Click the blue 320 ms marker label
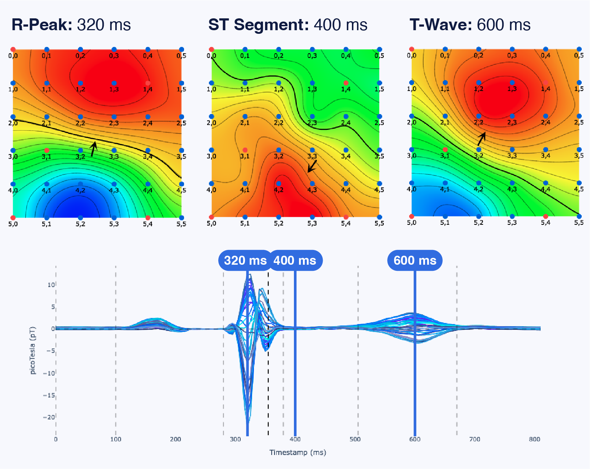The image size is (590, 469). click(245, 260)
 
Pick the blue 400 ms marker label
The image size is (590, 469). click(295, 260)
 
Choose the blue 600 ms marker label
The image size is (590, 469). click(415, 260)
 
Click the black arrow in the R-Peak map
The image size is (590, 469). click(94, 149)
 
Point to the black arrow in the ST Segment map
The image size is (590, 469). click(312, 166)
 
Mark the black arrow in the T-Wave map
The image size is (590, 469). click(482, 139)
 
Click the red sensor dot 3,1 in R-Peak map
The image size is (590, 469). click(46, 150)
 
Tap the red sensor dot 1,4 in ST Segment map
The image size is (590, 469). click(346, 83)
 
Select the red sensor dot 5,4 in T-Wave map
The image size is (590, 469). click(545, 217)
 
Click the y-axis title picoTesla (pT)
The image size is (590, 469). click(33, 351)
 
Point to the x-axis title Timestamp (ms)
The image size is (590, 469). click(298, 452)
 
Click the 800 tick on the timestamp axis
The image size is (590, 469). click(535, 439)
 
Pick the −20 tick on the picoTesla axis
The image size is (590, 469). click(49, 417)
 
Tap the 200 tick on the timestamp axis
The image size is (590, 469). click(175, 439)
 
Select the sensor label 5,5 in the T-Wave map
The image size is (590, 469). click(579, 223)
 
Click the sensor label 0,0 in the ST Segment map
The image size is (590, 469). click(211, 56)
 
